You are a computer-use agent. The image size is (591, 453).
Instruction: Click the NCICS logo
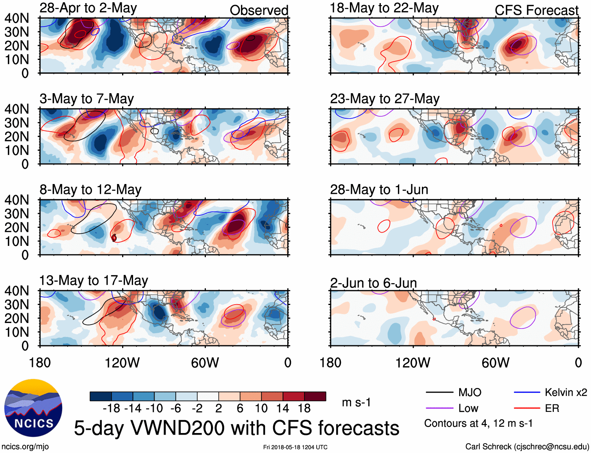[x=33, y=408]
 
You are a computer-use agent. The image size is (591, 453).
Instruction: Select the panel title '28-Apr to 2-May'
[x=88, y=8]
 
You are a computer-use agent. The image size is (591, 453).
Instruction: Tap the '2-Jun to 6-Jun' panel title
[x=373, y=283]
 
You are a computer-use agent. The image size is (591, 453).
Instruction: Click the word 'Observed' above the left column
[x=259, y=10]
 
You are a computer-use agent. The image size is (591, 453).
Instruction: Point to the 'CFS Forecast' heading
[x=536, y=10]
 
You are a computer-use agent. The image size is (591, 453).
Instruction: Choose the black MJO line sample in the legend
[x=439, y=392]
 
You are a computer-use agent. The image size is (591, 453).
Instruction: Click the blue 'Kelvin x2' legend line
[x=527, y=392]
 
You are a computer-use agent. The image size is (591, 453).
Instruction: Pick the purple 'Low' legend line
[x=439, y=408]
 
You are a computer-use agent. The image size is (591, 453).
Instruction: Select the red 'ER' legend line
[x=527, y=408]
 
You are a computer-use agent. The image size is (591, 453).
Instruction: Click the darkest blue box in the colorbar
[x=101, y=396]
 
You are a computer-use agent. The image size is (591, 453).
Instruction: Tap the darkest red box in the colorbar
[x=315, y=396]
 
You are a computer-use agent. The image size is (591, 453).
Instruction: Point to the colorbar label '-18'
[x=112, y=408]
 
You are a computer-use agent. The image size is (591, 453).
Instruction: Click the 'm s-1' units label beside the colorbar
[x=356, y=402]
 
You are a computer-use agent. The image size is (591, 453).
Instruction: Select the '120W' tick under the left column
[x=122, y=363]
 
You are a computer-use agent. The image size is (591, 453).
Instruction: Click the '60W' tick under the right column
[x=496, y=363]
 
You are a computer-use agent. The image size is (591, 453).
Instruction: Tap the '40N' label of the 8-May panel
[x=17, y=200]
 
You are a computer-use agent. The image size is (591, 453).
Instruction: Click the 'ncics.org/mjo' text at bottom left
[x=25, y=446]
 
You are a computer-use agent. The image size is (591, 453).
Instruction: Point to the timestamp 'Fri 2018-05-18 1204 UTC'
[x=295, y=447]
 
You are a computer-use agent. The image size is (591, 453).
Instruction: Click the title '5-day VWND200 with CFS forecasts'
[x=236, y=428]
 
